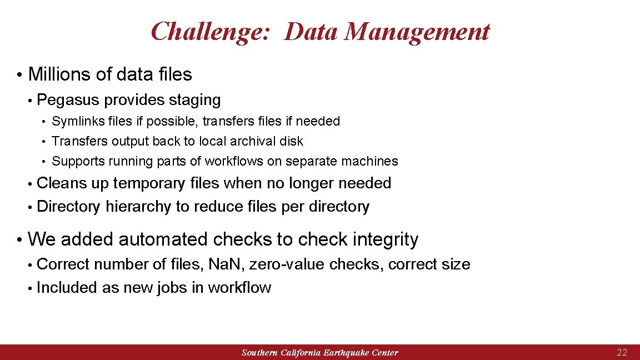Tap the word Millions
[x=60, y=74]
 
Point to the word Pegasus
[x=68, y=101]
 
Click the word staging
[x=194, y=101]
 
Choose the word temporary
[x=149, y=183]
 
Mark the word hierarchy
[x=138, y=207]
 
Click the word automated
[x=163, y=239]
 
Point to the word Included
[x=67, y=288]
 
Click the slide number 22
[x=622, y=352]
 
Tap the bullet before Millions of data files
[x=19, y=75]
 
